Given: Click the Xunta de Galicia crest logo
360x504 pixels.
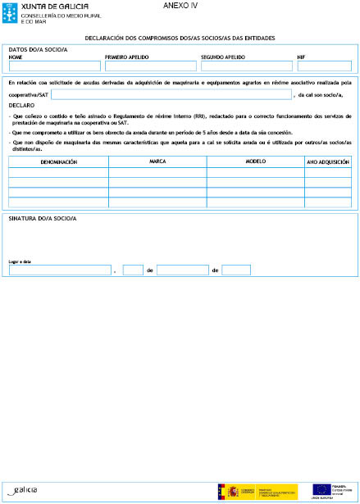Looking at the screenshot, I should pyautogui.click(x=11, y=13).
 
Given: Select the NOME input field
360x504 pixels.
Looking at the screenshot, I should pyautogui.click(x=53, y=66).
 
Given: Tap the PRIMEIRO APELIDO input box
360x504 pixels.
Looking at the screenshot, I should pyautogui.click(x=151, y=66).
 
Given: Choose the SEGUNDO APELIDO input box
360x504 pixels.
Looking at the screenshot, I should pyautogui.click(x=246, y=66).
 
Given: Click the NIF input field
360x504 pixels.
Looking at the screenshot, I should pyautogui.click(x=324, y=66).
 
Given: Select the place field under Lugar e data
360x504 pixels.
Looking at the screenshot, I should pyautogui.click(x=59, y=270).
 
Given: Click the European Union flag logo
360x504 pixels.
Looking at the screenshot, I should pyautogui.click(x=320, y=489).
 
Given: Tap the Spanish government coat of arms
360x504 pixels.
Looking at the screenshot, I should pyautogui.click(x=221, y=490).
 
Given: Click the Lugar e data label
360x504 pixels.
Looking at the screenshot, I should pyautogui.click(x=20, y=261).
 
